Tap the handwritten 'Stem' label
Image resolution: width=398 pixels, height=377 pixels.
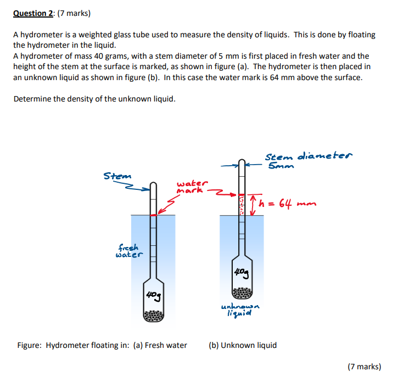tap(117, 176)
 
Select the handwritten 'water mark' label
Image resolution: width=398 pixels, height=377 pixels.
tap(192, 187)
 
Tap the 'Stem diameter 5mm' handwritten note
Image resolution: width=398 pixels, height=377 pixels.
tap(309, 160)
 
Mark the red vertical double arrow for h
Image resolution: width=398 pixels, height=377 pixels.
tap(253, 205)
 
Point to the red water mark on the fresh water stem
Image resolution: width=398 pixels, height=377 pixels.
tap(154, 215)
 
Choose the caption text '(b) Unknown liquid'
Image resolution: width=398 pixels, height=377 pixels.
tap(243, 345)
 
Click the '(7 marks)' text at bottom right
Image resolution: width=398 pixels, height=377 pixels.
tap(364, 367)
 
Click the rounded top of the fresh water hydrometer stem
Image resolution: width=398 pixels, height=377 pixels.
tap(154, 184)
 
